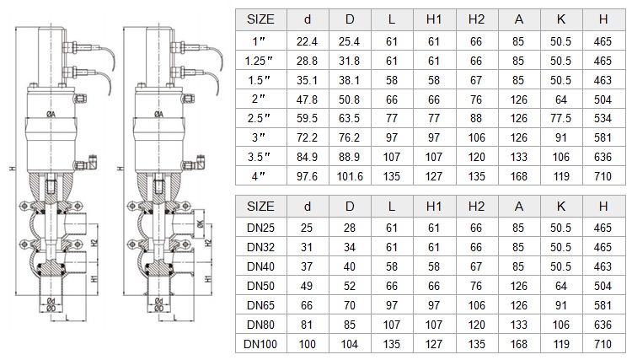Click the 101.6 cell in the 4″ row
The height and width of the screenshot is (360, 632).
click(x=350, y=176)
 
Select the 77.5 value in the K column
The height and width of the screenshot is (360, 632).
click(x=560, y=119)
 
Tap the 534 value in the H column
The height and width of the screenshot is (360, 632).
click(x=603, y=119)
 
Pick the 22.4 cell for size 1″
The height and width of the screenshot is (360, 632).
click(x=307, y=41)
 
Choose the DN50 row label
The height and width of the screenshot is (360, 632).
click(x=260, y=286)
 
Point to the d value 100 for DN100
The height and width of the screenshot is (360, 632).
click(x=307, y=344)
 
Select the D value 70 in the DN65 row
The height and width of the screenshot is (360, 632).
click(x=349, y=305)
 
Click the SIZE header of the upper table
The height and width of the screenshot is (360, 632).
click(x=260, y=19)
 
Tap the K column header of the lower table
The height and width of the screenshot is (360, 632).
click(x=560, y=207)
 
